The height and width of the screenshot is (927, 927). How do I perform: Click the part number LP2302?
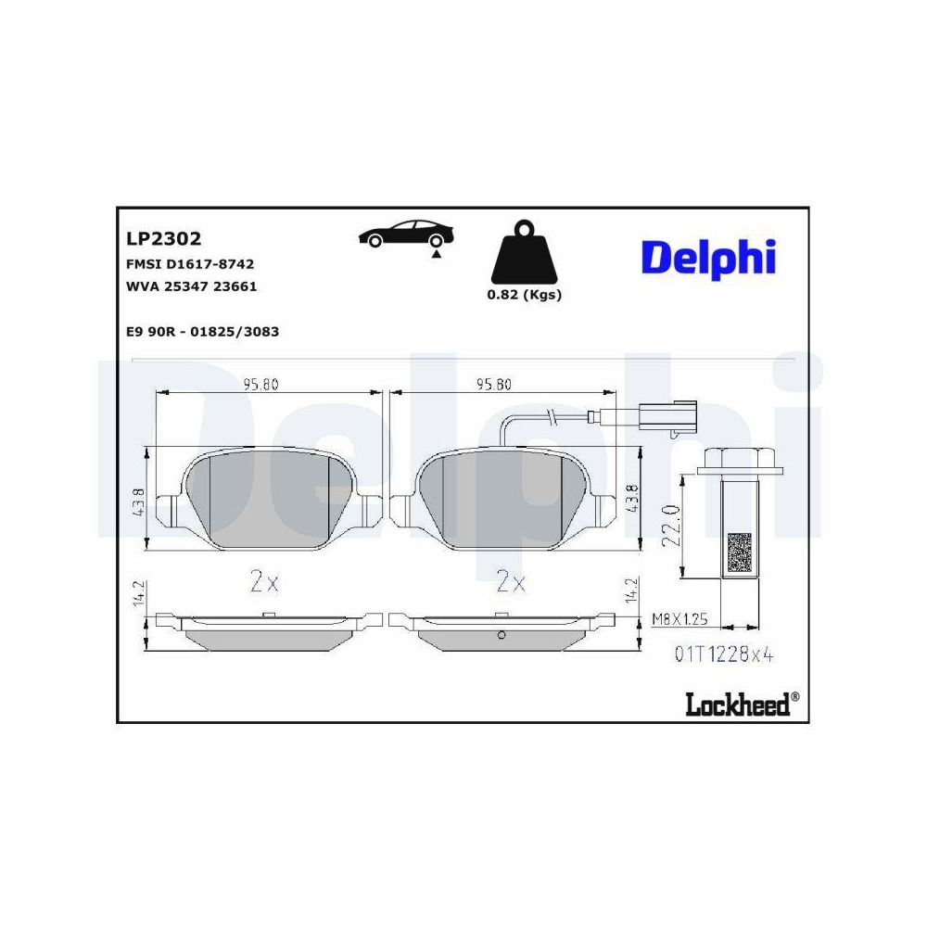point(163,239)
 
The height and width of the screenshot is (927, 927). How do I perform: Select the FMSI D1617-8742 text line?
point(189,264)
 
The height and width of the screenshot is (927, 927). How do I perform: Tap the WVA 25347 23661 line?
point(190,286)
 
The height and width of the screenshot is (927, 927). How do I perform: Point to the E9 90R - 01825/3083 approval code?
point(201,331)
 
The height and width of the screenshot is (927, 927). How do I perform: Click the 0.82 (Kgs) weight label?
point(525,295)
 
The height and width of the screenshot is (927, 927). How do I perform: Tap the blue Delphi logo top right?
point(707,256)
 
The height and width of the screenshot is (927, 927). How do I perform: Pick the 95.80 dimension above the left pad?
point(260,385)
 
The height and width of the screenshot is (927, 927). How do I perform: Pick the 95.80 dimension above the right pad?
point(493,385)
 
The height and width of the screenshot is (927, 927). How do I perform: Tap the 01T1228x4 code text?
point(723,655)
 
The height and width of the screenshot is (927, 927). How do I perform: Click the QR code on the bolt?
point(739,552)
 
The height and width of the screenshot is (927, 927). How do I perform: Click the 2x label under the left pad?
point(264,582)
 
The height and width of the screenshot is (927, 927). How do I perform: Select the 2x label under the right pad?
point(511,582)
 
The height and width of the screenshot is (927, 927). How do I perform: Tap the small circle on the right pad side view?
point(501,635)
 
